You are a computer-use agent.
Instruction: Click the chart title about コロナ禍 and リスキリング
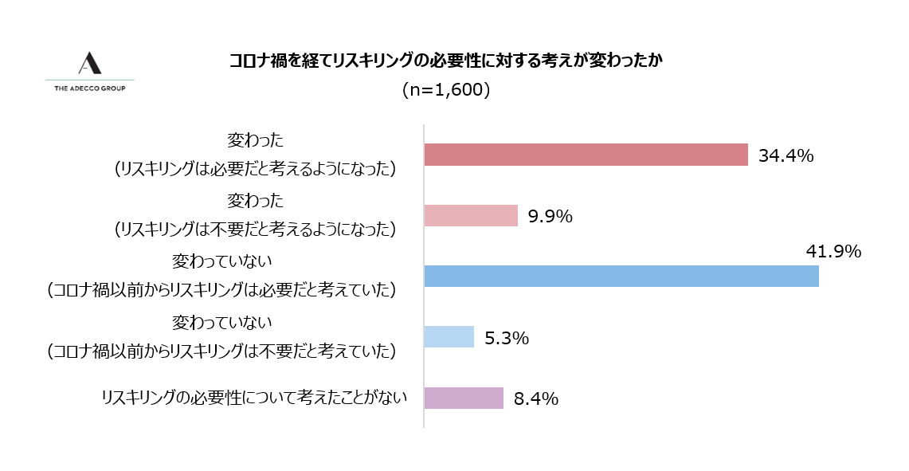click(x=445, y=61)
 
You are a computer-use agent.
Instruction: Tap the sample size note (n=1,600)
click(x=445, y=90)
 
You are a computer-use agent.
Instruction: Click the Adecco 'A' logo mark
click(x=89, y=64)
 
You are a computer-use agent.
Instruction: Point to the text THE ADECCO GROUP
click(x=89, y=88)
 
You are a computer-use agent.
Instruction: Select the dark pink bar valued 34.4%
click(x=586, y=155)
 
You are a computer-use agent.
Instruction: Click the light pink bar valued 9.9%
click(x=471, y=216)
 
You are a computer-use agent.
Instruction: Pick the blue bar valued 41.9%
click(x=621, y=276)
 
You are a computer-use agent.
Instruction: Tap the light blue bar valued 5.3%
click(x=449, y=336)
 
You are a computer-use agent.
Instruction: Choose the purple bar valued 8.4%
click(x=464, y=398)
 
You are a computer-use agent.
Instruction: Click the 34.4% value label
click(x=786, y=155)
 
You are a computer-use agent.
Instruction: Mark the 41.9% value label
click(x=834, y=253)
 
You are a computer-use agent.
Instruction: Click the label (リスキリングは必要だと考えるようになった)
click(x=255, y=169)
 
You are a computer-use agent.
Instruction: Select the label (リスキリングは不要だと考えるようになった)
click(x=255, y=230)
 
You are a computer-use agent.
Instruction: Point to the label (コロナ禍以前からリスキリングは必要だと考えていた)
click(x=221, y=290)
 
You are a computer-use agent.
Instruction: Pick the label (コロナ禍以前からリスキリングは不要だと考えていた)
click(x=221, y=351)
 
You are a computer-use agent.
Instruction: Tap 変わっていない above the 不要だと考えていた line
click(x=222, y=323)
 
